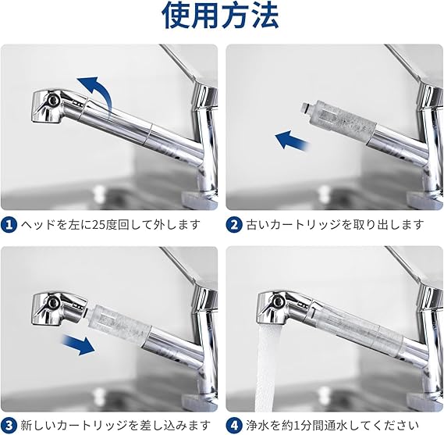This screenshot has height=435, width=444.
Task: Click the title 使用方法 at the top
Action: point(220,15)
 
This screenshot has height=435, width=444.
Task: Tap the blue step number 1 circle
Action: point(9,225)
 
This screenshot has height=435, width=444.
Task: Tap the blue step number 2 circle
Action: point(234,225)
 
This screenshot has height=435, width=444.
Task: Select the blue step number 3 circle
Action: point(9,426)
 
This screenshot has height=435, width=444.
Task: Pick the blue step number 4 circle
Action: point(234,426)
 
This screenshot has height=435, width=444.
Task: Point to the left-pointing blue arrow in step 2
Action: point(293,141)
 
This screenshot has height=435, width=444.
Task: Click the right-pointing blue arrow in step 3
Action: point(79,344)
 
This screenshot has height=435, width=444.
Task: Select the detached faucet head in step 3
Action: point(59,309)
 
